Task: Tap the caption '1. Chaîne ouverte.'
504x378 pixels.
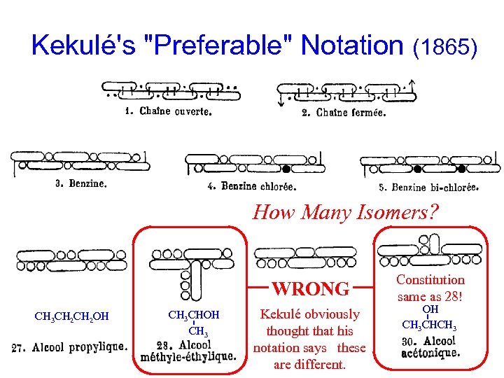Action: pos(167,111)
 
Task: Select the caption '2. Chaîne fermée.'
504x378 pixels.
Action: pos(343,112)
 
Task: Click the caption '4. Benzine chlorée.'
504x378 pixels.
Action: pos(251,186)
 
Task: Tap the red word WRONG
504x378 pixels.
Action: pos(310,288)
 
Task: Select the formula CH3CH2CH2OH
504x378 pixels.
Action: pos(71,316)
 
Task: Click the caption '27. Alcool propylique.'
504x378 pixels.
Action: pos(70,346)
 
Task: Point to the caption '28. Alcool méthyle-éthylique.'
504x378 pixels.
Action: pos(188,351)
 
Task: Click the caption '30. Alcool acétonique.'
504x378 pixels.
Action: pos(430,346)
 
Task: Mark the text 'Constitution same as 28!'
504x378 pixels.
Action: pos(430,288)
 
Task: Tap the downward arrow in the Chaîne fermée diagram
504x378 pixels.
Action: pos(281,101)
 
